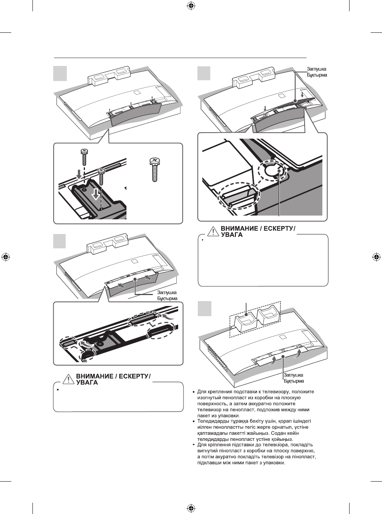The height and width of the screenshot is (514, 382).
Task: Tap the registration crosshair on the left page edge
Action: pyautogui.click(x=6, y=257)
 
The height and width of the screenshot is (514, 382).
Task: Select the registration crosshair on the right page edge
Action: pyautogui.click(x=376, y=257)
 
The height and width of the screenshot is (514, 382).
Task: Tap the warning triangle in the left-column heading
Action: pyautogui.click(x=68, y=379)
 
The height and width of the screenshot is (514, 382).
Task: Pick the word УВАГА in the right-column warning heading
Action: pyautogui.click(x=231, y=235)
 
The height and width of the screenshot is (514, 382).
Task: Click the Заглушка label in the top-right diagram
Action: pyautogui.click(x=317, y=69)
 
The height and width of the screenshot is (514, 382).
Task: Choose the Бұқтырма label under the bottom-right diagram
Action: pyautogui.click(x=294, y=381)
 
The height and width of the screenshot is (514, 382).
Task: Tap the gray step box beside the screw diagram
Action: pyautogui.click(x=60, y=73)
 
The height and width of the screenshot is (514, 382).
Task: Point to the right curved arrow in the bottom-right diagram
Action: pyautogui.click(x=299, y=353)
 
